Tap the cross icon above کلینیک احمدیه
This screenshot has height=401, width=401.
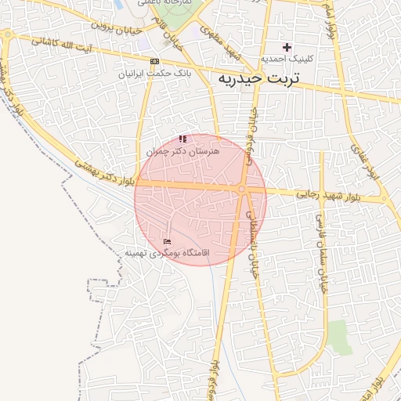287,47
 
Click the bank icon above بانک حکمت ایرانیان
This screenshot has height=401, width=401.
154,61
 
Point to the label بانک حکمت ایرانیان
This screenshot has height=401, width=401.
156,74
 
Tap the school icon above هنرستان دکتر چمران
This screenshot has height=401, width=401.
183,139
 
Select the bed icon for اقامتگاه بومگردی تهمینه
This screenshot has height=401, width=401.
166,241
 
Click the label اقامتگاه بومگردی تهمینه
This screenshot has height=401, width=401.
167,253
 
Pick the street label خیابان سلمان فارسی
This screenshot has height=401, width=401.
320,246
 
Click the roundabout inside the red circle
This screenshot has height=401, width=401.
242,189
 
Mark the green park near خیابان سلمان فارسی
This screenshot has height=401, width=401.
340,337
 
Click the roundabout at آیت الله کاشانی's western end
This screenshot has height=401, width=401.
6,34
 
